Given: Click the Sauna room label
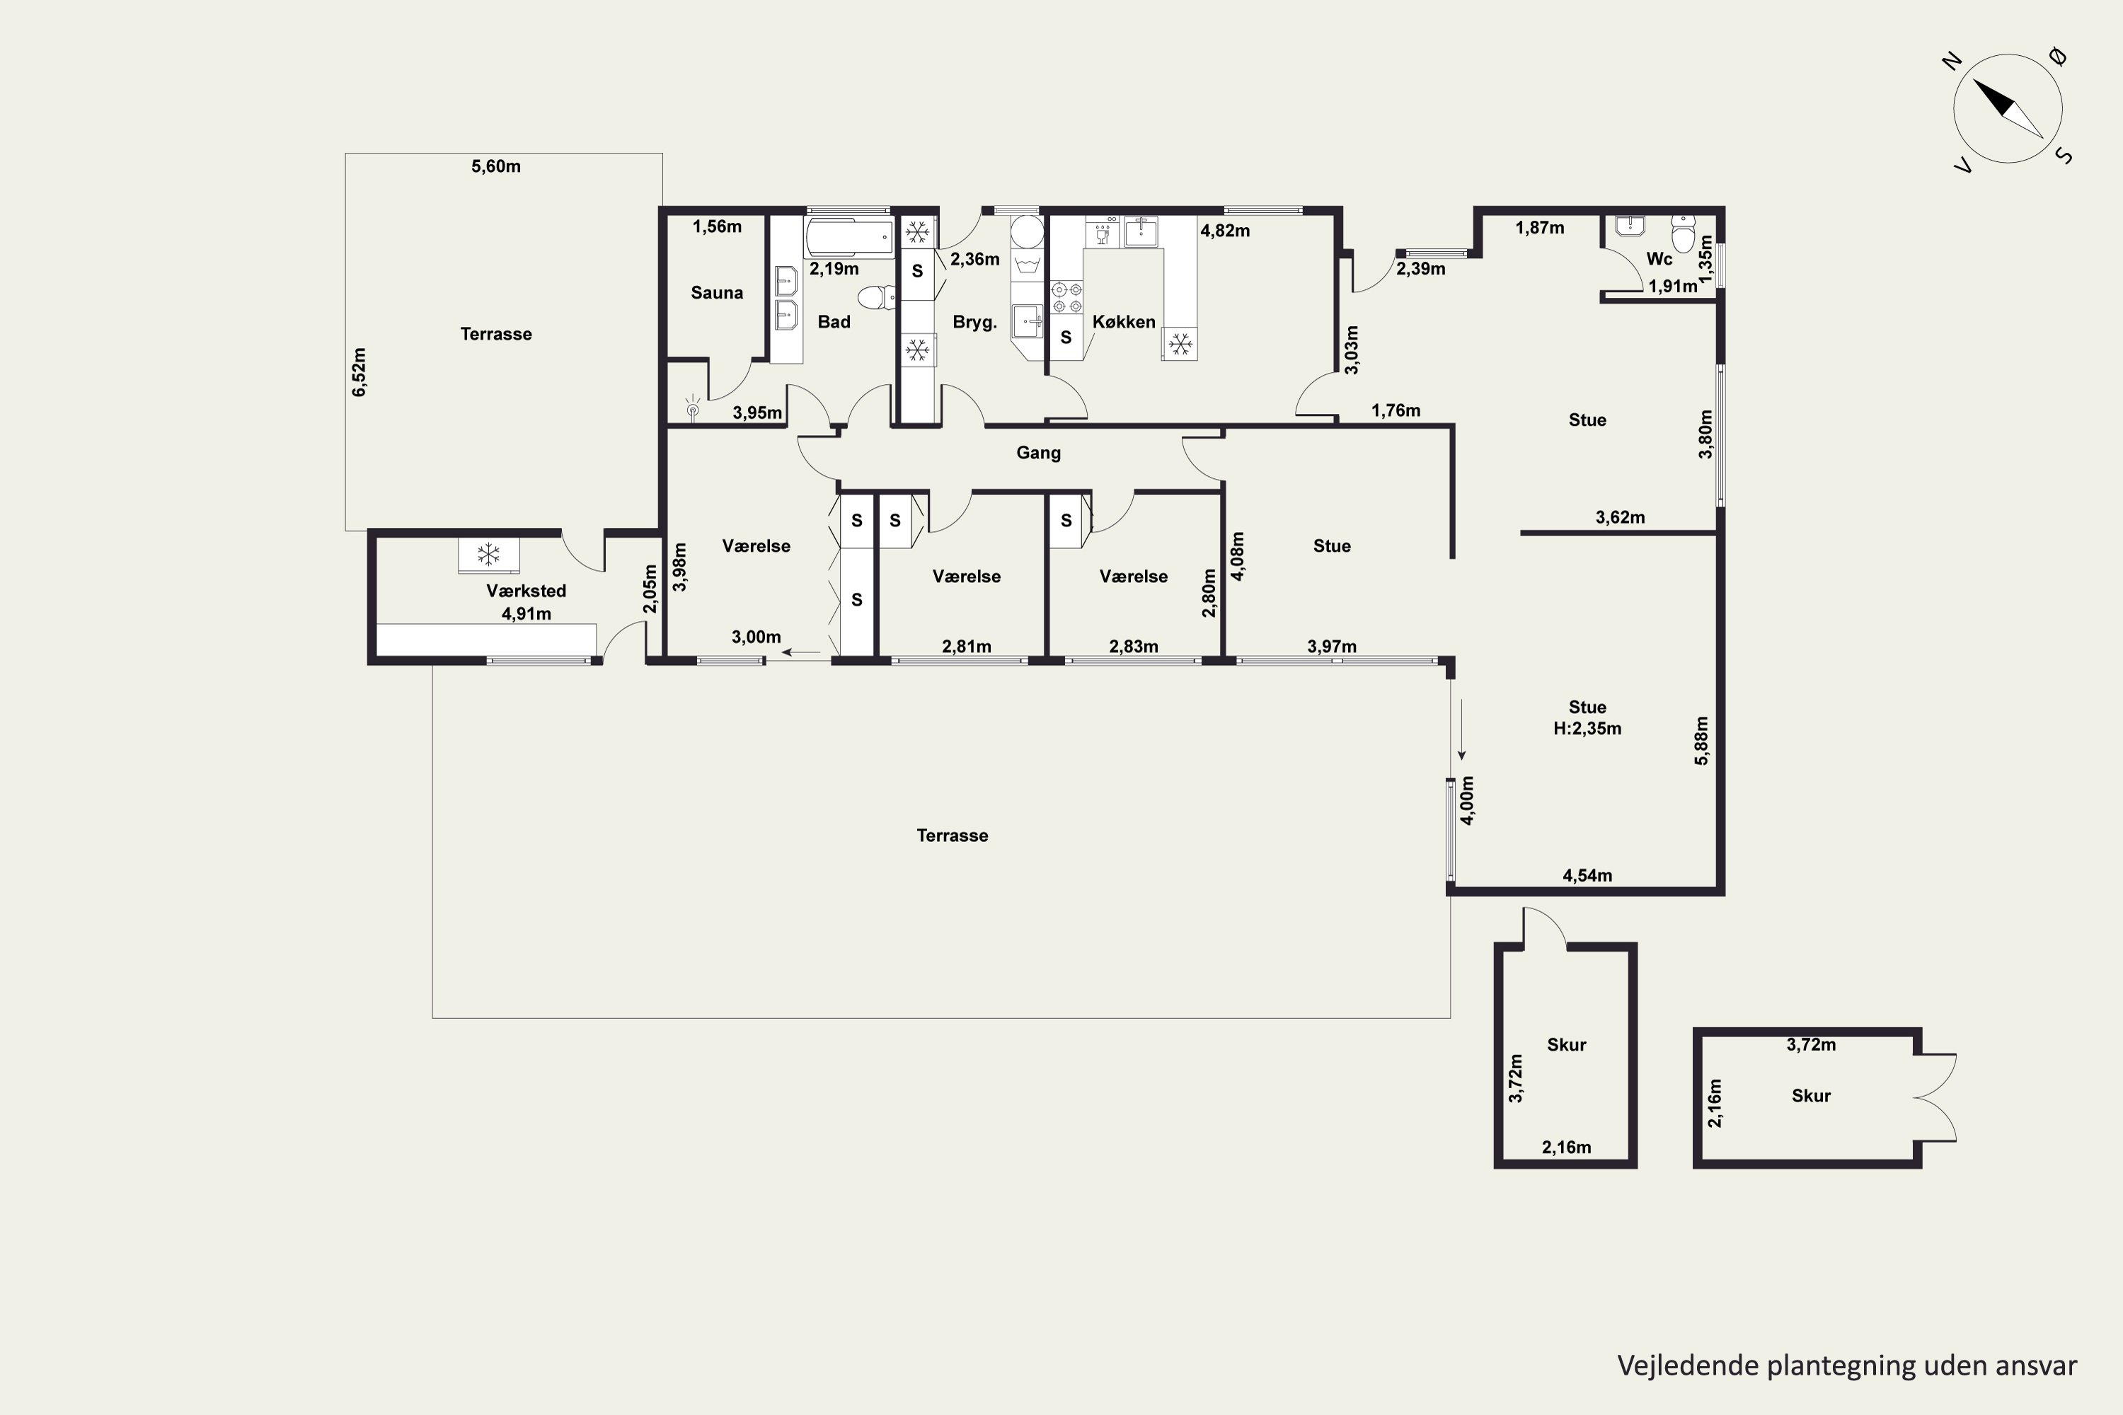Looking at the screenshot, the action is pos(717,292).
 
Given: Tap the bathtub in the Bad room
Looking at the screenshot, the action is pos(849,237).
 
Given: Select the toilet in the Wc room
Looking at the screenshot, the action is pos(1684,233).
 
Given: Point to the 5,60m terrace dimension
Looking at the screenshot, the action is pos(495,166).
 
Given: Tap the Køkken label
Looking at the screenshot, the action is pos(1124,321).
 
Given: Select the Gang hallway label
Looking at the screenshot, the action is pos(1038,452).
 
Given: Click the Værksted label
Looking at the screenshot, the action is pos(527,591).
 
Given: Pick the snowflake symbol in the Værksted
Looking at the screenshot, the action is pos(488,554).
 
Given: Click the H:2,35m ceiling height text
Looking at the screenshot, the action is pos(1587,728).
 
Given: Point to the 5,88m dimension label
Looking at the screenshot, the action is pos(1701,740).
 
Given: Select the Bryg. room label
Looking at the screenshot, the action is pos(975,322).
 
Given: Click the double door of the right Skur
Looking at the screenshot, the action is pos(1933,1098).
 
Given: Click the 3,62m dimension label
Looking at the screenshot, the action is pos(1621,517).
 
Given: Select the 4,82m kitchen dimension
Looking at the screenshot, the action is pos(1225,230).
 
